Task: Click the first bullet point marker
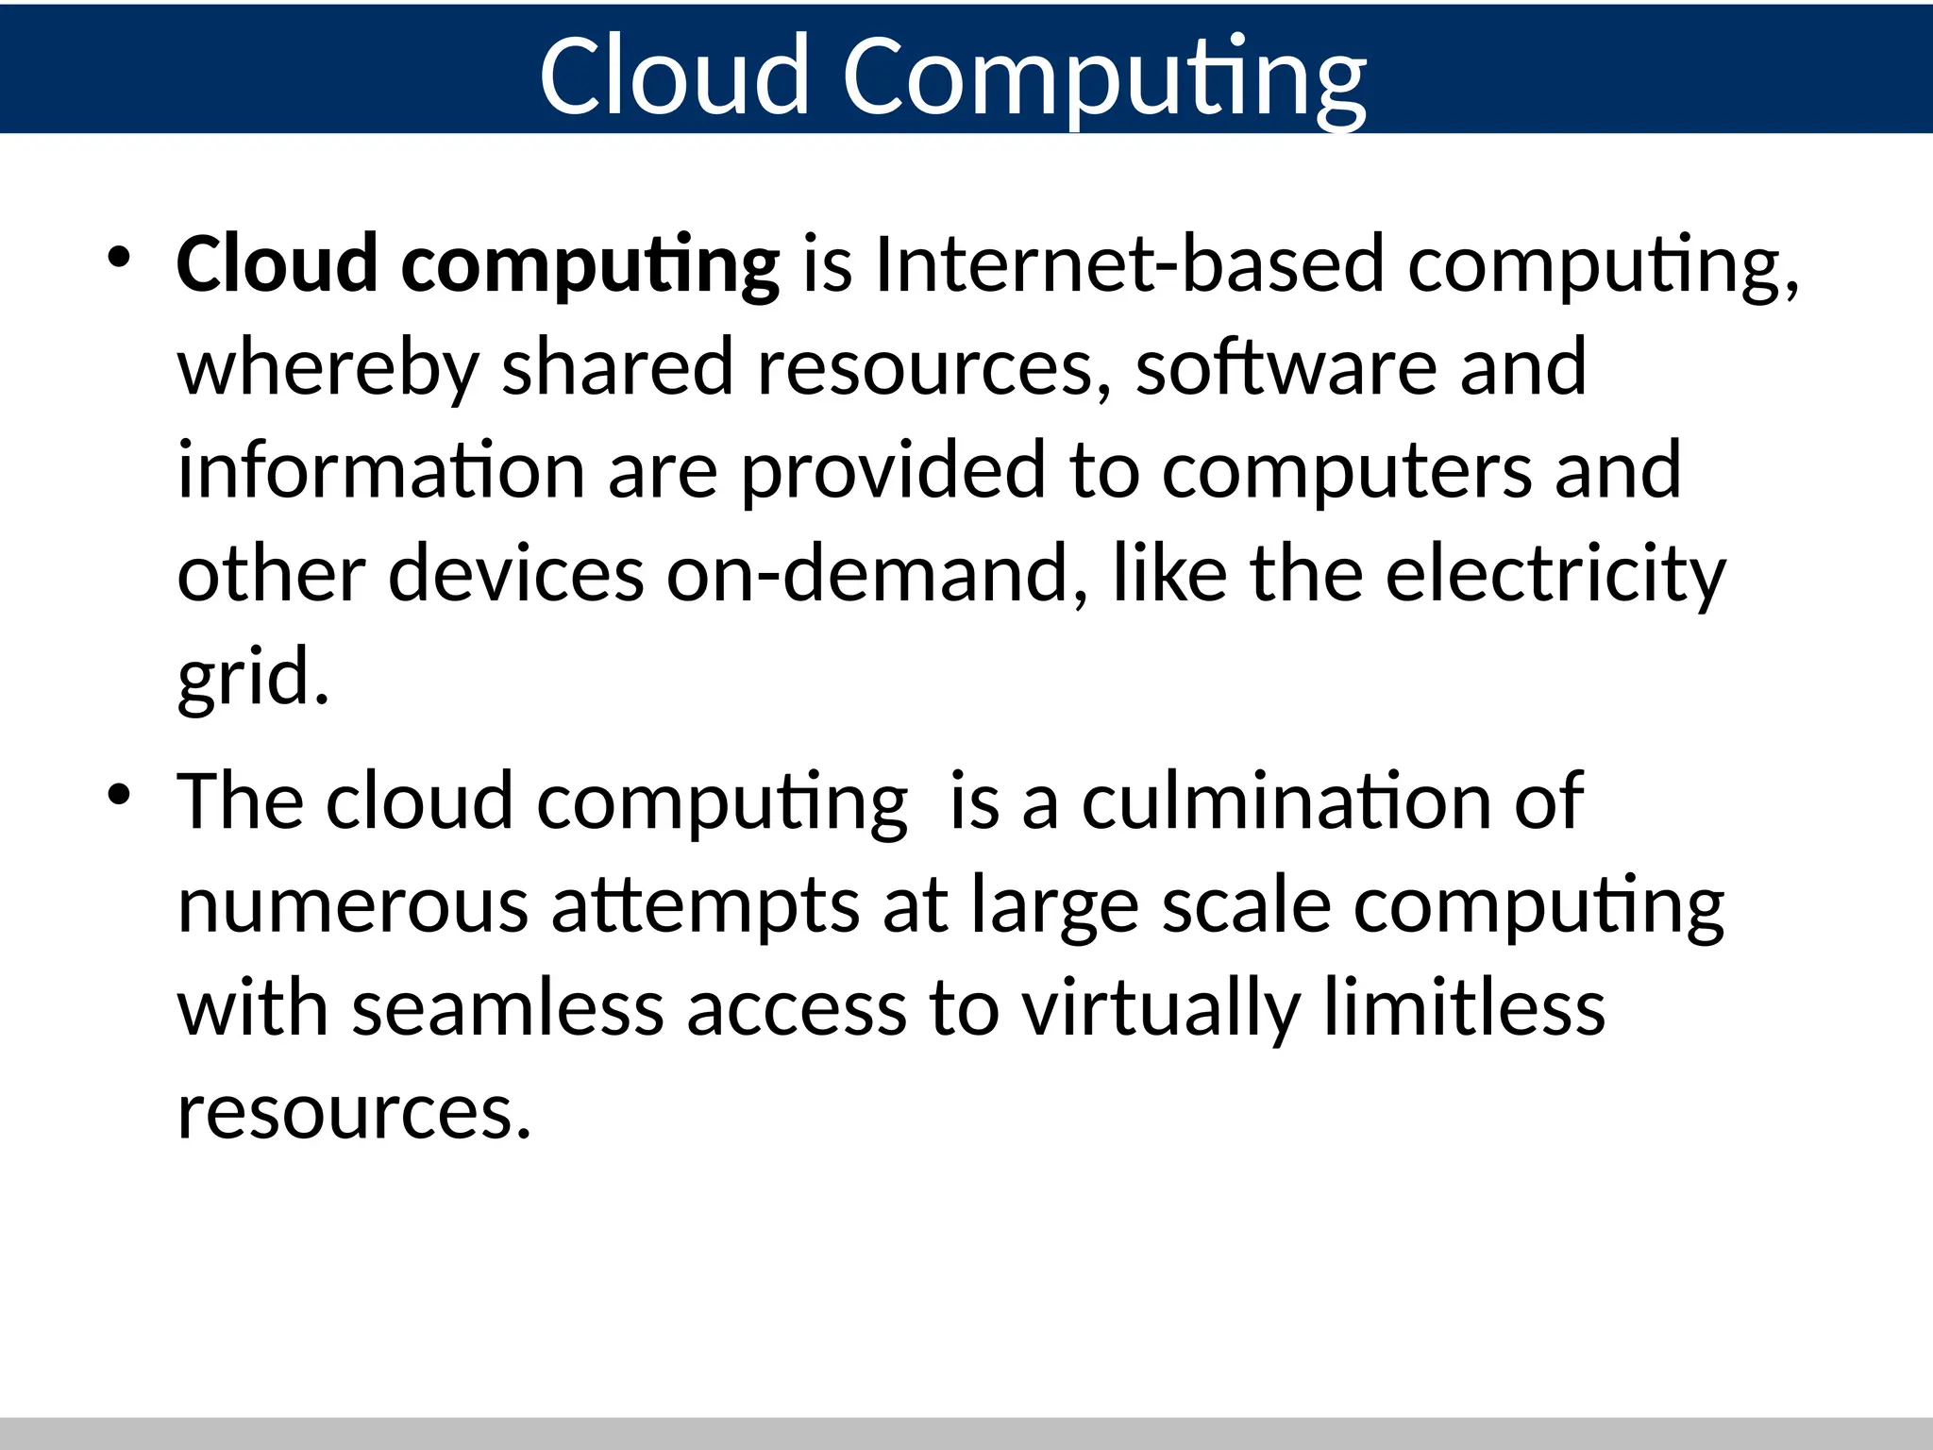click(x=118, y=257)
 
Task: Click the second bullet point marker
click(x=118, y=795)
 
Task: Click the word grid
click(x=253, y=678)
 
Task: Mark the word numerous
click(x=352, y=906)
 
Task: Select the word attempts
click(x=704, y=906)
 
